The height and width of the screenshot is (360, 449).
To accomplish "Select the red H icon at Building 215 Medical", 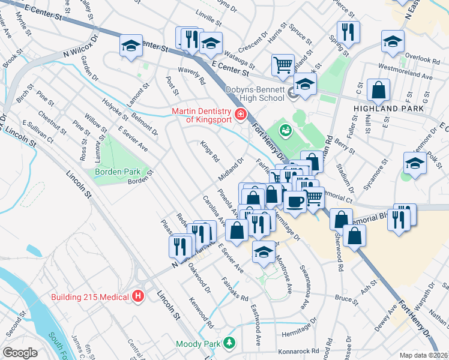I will click(x=138, y=296).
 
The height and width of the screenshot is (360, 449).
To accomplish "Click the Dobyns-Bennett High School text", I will click(x=255, y=94).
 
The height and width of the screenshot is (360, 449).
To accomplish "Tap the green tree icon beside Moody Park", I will click(x=229, y=343).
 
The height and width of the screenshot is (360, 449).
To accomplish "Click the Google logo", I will click(x=20, y=353).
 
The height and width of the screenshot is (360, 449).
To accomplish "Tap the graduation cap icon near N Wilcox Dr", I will click(x=130, y=46).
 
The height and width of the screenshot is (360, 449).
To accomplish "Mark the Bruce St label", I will click(x=346, y=298).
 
